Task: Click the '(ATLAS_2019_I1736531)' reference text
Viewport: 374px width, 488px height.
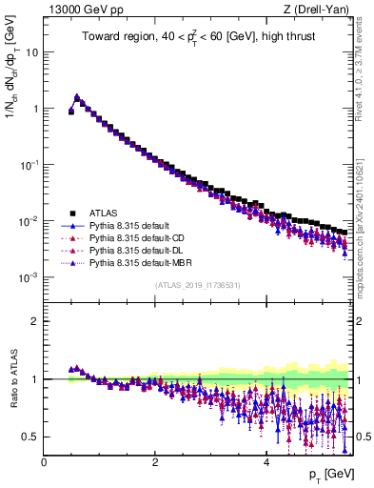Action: coord(196,286)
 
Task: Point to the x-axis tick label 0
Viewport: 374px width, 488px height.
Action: coord(44,463)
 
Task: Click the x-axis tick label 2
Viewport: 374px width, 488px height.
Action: coord(154,463)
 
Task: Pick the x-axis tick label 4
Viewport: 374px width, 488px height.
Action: coord(266,463)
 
